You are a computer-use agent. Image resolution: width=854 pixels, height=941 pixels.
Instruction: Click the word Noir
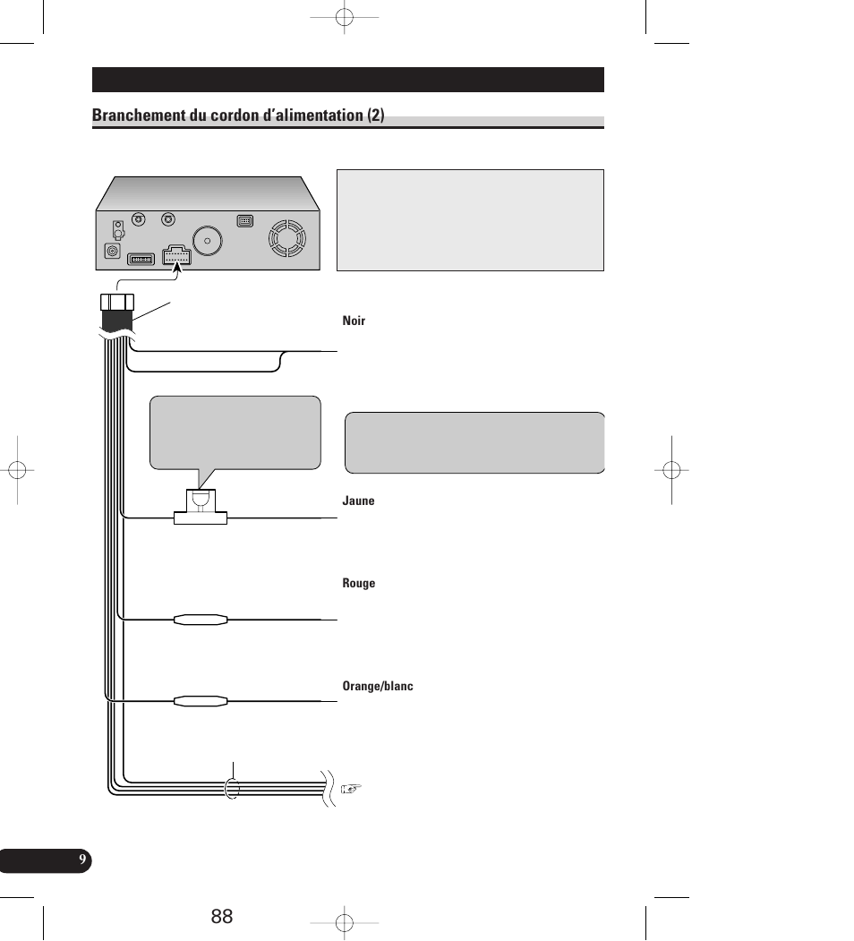coord(354,321)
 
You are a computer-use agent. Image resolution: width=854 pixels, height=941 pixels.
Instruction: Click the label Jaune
coord(358,501)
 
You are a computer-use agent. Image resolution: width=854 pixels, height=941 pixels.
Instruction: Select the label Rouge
coord(358,584)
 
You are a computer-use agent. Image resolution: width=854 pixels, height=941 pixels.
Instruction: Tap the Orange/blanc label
coord(378,687)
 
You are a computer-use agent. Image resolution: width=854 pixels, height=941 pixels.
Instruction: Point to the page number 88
coord(223,916)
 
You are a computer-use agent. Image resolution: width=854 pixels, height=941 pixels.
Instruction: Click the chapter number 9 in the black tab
coord(81,860)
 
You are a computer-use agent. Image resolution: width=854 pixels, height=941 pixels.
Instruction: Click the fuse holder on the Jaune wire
coord(201,508)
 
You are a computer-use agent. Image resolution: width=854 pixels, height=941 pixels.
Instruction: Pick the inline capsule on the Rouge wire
coord(201,619)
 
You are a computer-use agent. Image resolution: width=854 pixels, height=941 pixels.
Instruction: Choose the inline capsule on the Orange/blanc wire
coord(201,701)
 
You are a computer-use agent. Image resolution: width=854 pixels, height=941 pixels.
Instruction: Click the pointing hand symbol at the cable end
coord(352,789)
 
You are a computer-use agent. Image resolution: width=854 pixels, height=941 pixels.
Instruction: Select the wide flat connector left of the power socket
coord(141,259)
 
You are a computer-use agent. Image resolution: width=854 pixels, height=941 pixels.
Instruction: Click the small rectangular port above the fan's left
coord(244,220)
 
